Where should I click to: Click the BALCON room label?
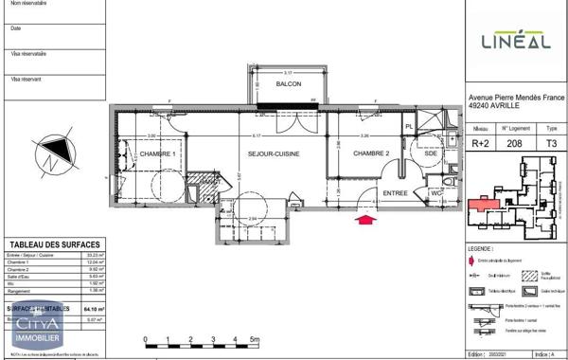pyautogui.click(x=289, y=84)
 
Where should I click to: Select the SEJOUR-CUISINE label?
pyautogui.click(x=275, y=153)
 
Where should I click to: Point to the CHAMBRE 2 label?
pyautogui.click(x=372, y=153)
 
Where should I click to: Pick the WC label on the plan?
pyautogui.click(x=436, y=194)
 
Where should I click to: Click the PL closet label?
pyautogui.click(x=410, y=126)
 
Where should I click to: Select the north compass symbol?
pyautogui.click(x=54, y=153)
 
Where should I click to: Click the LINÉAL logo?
pyautogui.click(x=517, y=40)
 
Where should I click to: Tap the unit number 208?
pyautogui.click(x=514, y=144)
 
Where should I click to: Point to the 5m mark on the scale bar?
pyautogui.click(x=254, y=338)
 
